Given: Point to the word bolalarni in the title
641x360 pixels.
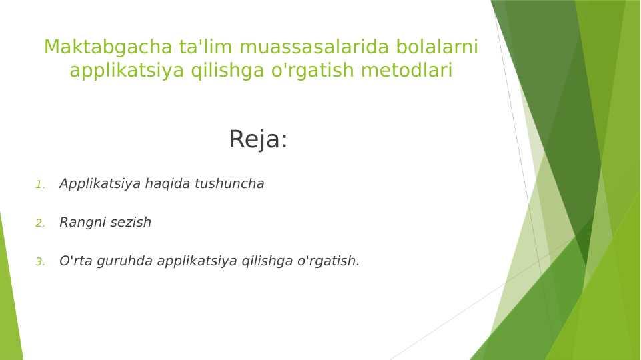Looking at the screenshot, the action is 437,47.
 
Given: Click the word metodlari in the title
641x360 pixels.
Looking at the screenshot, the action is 406,70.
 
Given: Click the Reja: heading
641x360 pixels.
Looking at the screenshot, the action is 258,139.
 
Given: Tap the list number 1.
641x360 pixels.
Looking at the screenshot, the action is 40,185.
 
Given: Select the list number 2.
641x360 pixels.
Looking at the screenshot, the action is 40,223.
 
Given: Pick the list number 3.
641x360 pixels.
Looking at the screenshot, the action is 40,261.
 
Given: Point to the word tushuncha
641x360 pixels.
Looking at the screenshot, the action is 229,183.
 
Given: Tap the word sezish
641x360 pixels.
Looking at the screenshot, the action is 131,222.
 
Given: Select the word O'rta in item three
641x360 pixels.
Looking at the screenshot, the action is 75,261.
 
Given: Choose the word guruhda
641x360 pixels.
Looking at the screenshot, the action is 125,261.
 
